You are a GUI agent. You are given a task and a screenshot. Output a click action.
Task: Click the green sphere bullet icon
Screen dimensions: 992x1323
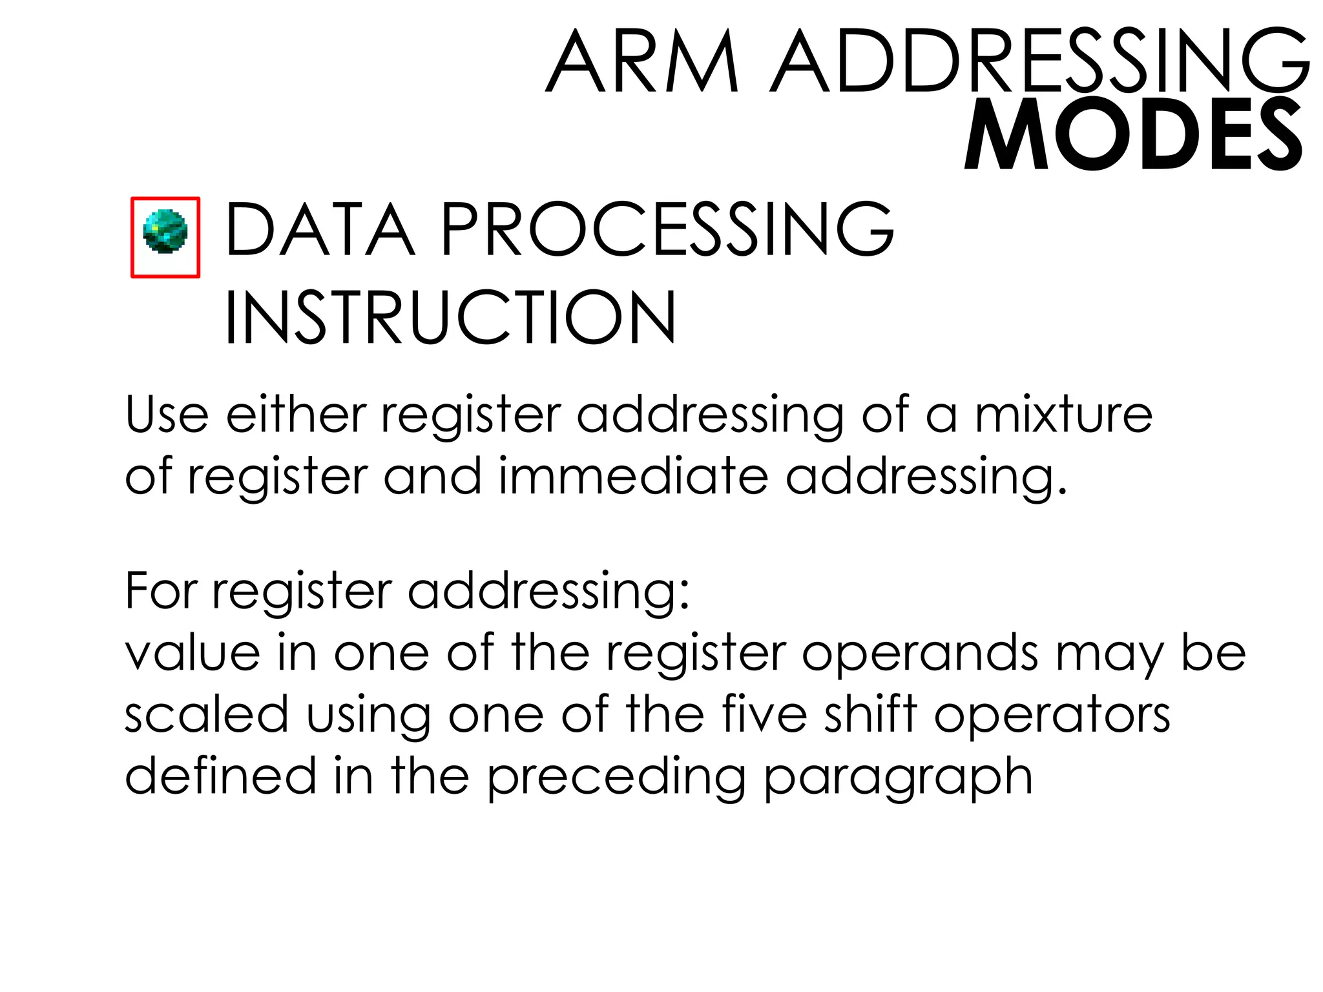point(165,231)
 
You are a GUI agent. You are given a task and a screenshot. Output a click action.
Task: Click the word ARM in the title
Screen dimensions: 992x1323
point(642,62)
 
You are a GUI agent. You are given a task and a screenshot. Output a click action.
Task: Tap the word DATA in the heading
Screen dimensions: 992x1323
point(320,229)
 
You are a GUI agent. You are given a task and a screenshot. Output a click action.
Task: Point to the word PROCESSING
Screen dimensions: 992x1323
point(667,229)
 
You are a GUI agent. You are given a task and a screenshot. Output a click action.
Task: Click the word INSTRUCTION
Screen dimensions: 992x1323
point(450,318)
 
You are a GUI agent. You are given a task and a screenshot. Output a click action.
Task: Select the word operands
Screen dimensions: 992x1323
point(920,654)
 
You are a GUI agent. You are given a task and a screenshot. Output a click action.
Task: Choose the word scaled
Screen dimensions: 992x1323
point(206,714)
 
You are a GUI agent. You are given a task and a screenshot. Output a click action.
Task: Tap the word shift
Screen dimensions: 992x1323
point(870,714)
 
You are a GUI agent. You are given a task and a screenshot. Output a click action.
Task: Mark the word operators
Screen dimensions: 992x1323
point(1052,716)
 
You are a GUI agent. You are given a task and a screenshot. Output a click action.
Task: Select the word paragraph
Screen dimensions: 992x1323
point(898,778)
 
